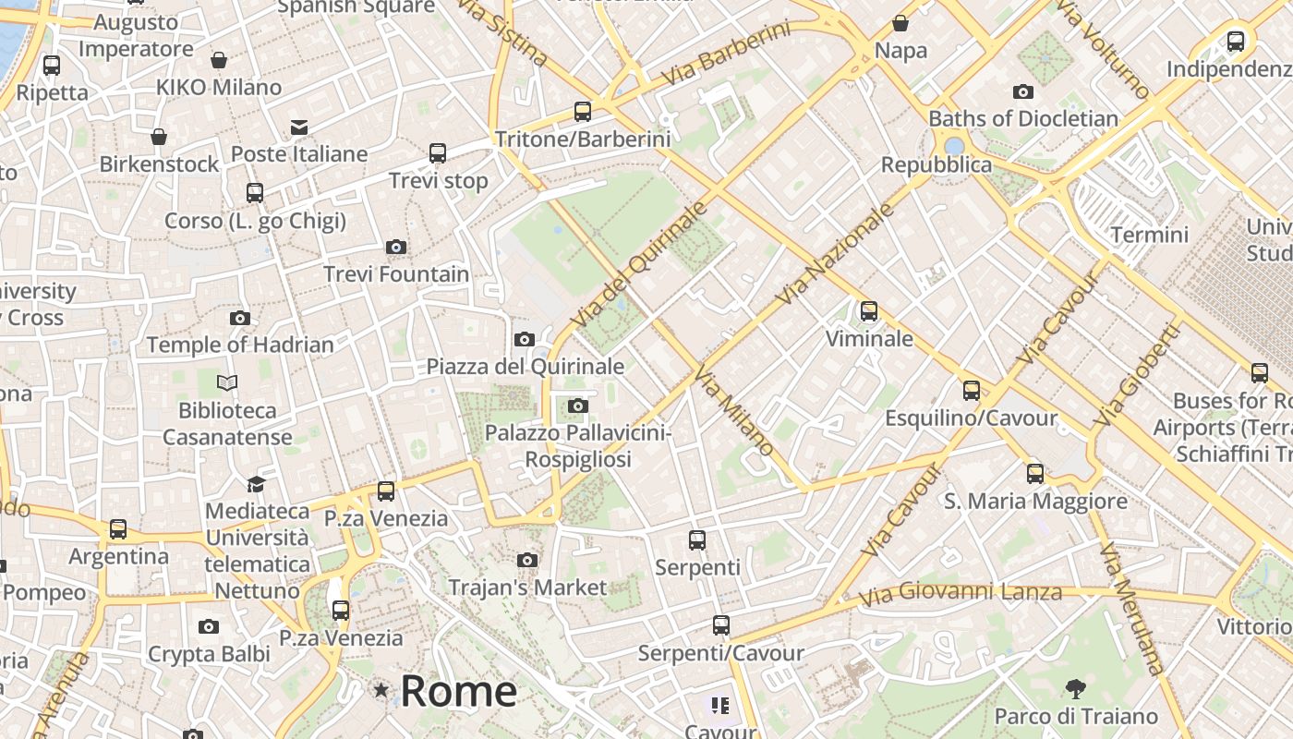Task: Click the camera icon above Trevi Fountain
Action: click(396, 247)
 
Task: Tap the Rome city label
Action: click(458, 691)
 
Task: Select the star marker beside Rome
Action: click(381, 690)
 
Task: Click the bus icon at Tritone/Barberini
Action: click(582, 112)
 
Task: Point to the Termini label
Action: click(1149, 235)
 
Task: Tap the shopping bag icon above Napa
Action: click(900, 23)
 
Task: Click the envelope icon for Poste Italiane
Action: click(299, 127)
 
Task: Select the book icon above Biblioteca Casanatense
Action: click(227, 382)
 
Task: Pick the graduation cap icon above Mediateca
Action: click(256, 484)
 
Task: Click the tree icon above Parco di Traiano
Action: click(1075, 688)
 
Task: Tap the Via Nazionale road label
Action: click(836, 254)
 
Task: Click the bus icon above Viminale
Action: click(868, 311)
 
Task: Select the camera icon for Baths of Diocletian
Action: click(1022, 91)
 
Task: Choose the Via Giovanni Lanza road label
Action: click(961, 591)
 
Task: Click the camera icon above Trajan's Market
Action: click(527, 560)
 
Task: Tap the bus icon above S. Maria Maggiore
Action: click(1035, 474)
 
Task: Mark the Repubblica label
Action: click(936, 164)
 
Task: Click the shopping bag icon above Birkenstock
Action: click(159, 137)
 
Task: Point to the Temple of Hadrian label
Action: click(240, 345)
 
